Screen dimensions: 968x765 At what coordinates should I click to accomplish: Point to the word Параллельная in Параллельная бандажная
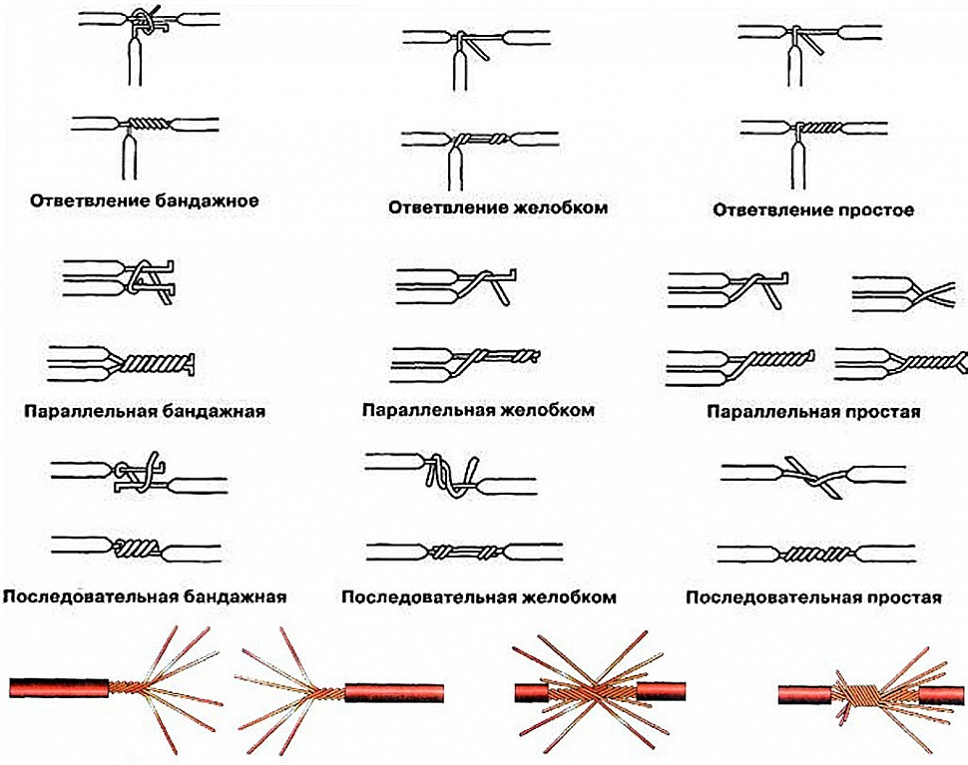tap(85, 412)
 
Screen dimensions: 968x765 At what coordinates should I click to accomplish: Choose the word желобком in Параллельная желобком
tap(547, 410)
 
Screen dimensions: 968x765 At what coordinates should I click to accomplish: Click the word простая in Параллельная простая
tap(883, 412)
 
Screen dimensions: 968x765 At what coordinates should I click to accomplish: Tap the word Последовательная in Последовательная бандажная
tap(91, 596)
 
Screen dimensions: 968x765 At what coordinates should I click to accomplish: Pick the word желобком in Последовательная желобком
tap(569, 596)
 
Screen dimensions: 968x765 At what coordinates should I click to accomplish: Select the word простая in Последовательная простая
tap(904, 596)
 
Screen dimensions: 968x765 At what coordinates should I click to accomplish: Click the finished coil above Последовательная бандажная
tap(136, 547)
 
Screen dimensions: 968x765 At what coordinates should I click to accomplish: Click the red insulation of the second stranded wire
tap(394, 692)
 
